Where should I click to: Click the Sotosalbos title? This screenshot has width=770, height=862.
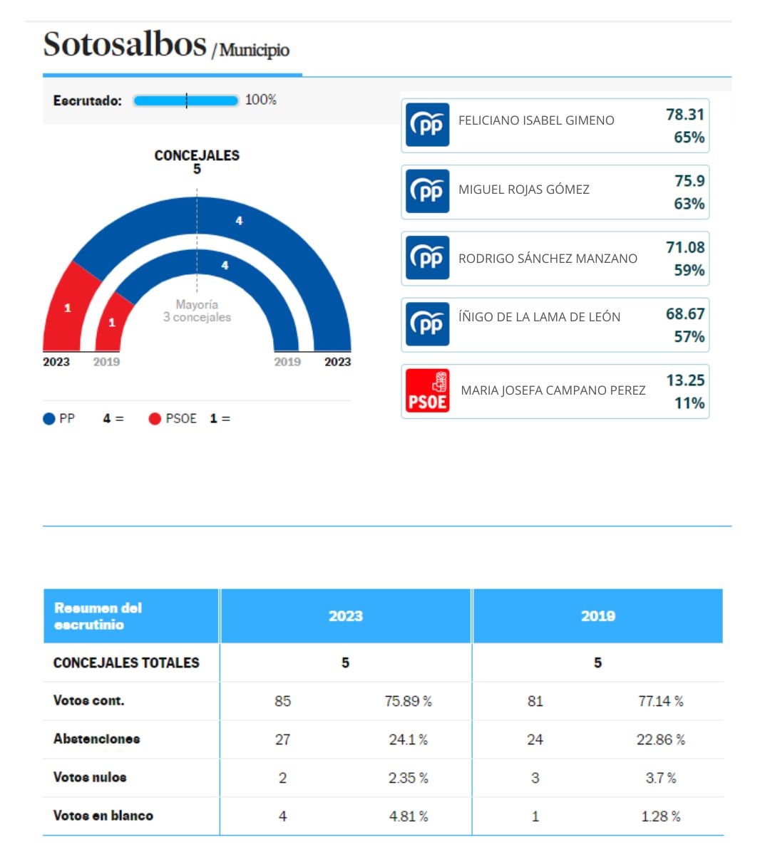point(125,44)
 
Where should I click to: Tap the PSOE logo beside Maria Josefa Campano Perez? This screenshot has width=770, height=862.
point(427,390)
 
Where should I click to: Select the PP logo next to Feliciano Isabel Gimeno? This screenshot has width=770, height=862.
point(427,125)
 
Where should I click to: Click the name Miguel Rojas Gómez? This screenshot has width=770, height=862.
point(523,189)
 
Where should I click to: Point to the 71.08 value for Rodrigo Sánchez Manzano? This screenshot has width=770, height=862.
point(684,248)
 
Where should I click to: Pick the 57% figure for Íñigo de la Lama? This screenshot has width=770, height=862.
point(689,337)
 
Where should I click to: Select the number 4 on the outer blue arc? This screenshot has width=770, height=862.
point(239,221)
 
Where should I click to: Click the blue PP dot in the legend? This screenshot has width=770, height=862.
point(49,419)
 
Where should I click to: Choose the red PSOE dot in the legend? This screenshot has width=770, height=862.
point(155,419)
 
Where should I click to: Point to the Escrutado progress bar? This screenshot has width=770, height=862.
point(185,100)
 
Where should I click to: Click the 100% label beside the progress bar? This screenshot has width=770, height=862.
point(260,100)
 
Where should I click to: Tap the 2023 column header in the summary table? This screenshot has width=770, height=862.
point(345,616)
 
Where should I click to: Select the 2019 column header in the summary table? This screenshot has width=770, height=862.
point(597,616)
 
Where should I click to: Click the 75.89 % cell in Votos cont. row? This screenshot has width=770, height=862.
point(408,701)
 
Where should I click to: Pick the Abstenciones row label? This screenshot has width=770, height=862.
point(96,739)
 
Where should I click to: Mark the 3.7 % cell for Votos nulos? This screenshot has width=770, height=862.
point(660,778)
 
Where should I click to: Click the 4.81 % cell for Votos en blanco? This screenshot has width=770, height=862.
point(408,816)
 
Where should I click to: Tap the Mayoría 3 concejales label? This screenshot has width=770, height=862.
point(197,311)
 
